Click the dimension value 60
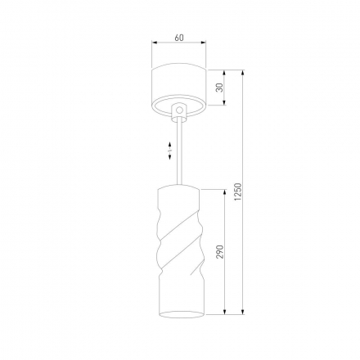click(179, 38)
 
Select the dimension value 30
click(219, 88)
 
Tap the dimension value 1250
click(238, 191)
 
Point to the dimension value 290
click(220, 252)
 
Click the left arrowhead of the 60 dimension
click(155, 43)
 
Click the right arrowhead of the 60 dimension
click(203, 43)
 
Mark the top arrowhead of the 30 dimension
click(224, 73)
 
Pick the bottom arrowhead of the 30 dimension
click(224, 102)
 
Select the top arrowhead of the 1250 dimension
click(243, 73)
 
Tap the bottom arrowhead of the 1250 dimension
click(243, 312)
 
